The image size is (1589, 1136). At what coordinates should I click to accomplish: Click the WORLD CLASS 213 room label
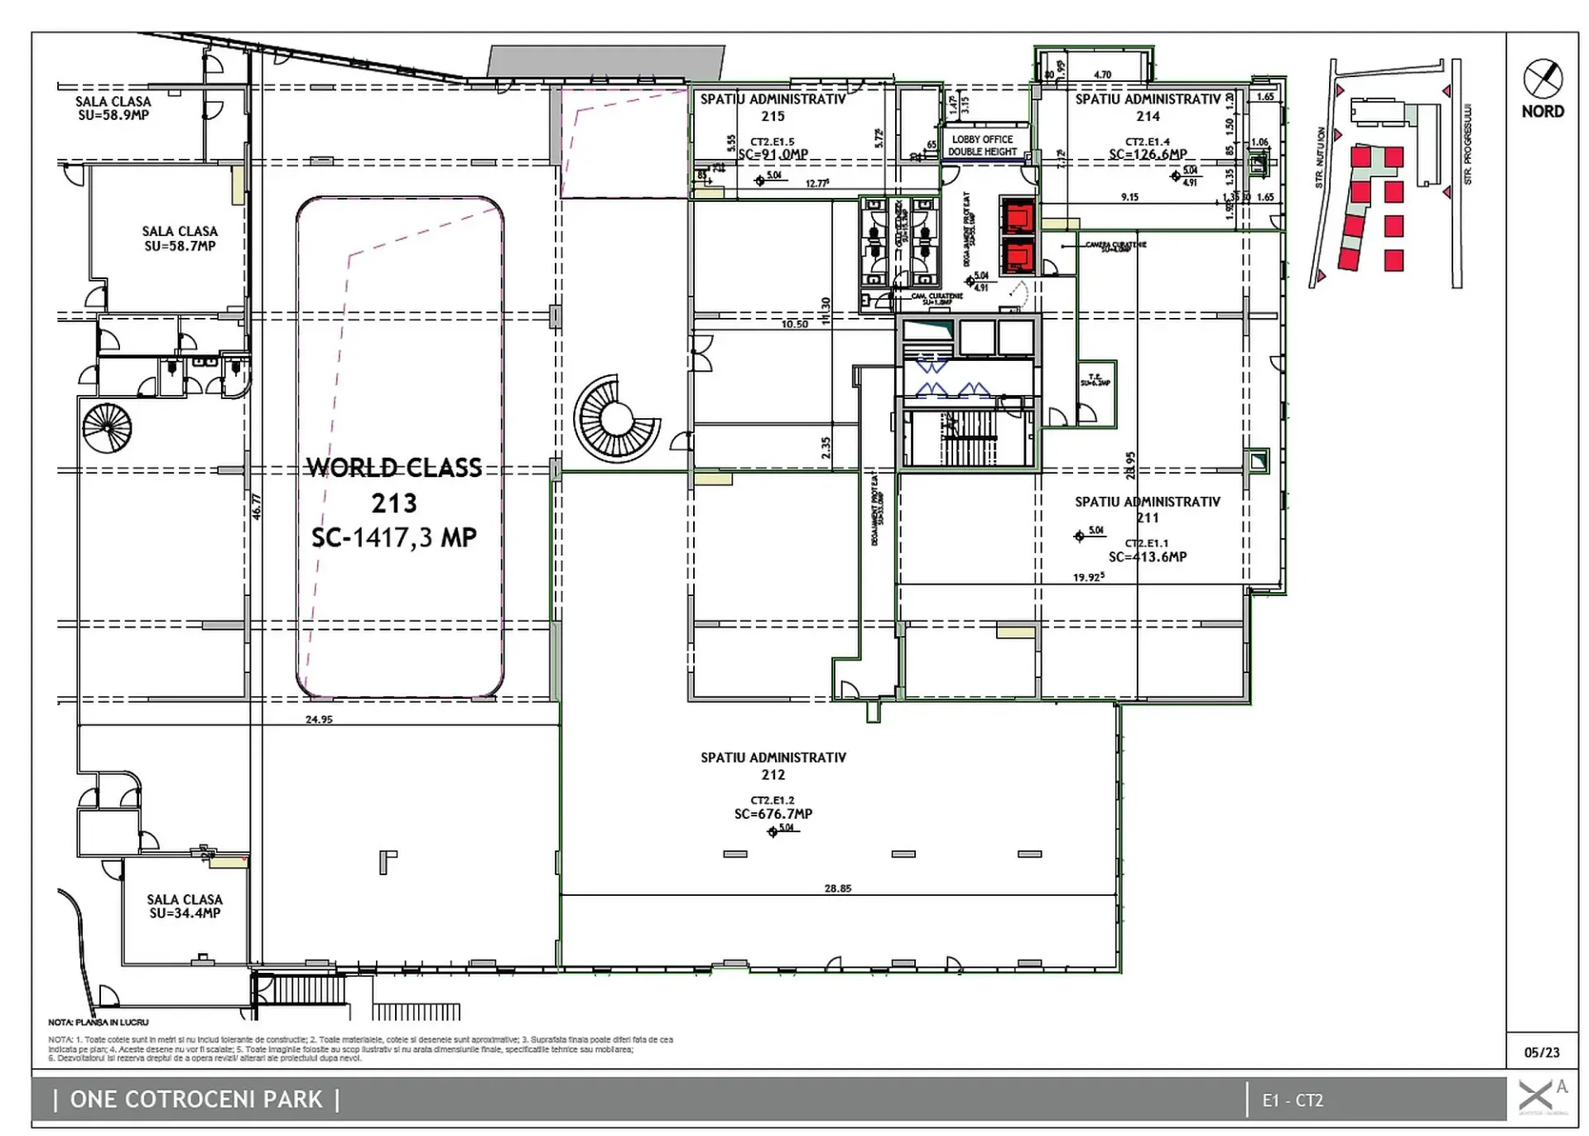[394, 502]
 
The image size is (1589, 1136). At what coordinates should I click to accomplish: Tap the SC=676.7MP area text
[773, 814]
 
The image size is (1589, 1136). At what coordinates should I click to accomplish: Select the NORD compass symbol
[1543, 79]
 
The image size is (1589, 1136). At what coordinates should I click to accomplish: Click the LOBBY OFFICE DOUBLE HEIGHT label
[982, 146]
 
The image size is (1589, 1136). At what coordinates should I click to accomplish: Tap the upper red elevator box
[1017, 216]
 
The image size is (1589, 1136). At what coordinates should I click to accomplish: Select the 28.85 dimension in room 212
[837, 888]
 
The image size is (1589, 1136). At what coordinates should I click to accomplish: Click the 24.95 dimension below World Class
[319, 720]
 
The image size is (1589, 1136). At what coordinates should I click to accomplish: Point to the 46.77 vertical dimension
[257, 507]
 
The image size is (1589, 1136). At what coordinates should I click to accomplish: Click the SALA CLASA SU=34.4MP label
[185, 906]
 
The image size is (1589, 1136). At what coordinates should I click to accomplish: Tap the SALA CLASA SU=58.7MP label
[180, 238]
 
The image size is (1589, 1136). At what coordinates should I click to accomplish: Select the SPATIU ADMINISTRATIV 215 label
[773, 108]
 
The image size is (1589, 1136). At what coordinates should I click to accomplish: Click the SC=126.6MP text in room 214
[1147, 154]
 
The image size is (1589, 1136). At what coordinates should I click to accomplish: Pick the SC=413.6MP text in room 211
[1147, 557]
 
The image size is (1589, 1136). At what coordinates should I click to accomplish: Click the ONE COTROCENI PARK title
[196, 1100]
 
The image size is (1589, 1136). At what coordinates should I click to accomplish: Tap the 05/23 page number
[1541, 1052]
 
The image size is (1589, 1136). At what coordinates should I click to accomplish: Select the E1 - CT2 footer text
[1293, 1100]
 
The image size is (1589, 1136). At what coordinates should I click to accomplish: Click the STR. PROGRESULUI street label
[1467, 144]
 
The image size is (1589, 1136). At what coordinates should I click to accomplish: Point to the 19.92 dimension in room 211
[1088, 577]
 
